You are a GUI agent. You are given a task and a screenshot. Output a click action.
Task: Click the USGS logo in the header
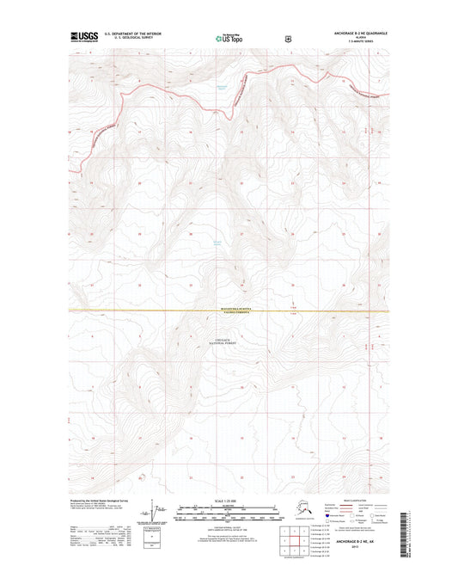pyautogui.click(x=80, y=38)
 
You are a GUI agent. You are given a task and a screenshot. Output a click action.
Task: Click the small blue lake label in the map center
pyautogui.click(x=217, y=243)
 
